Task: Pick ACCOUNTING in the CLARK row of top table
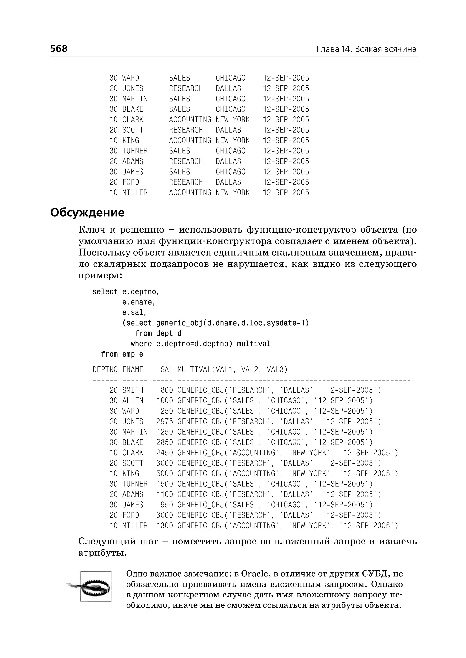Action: coord(190,119)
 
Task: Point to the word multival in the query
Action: coord(253,344)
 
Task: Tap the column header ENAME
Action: coord(133,369)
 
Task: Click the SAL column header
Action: coord(166,369)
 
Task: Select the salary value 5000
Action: coord(165,473)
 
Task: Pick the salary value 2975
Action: coord(165,422)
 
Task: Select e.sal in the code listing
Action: coord(134,312)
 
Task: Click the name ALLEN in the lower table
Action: coord(133,401)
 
